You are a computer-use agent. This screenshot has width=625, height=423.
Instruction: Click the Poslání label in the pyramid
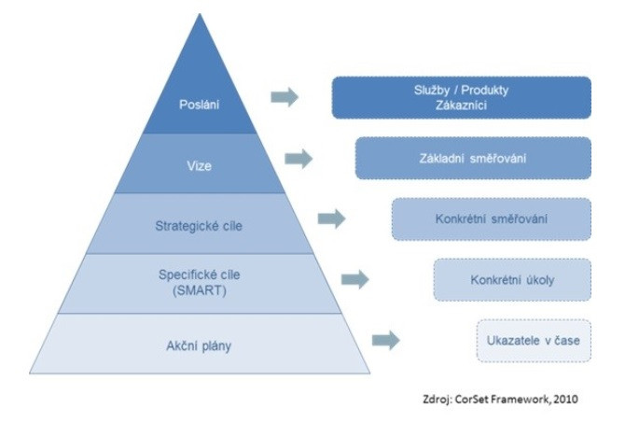[x=198, y=103]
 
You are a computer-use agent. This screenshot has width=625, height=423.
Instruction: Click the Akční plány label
[x=198, y=345]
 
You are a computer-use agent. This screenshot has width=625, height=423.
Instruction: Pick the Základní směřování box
[x=473, y=159]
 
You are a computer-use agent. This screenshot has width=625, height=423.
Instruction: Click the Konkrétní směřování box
[x=491, y=219]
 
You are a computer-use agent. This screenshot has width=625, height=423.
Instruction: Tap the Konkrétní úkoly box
[x=512, y=279]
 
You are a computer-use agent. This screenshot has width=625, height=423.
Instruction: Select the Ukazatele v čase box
[x=533, y=339]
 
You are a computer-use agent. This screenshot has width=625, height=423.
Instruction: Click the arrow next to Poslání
[x=285, y=97]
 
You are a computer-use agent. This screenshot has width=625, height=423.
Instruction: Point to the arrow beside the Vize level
[x=299, y=159]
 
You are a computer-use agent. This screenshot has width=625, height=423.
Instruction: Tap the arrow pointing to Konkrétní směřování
[x=331, y=219]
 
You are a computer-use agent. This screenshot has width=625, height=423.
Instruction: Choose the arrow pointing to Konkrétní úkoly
[x=355, y=278]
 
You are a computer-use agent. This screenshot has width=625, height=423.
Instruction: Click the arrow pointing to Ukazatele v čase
[x=385, y=340]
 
